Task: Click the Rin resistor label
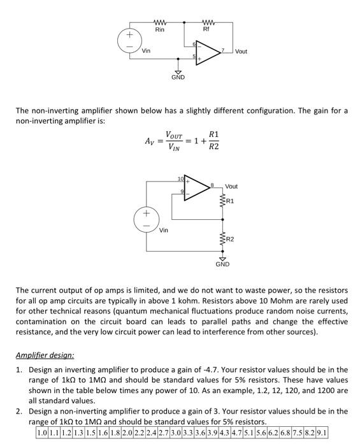pyautogui.click(x=160, y=29)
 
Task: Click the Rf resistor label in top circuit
pyautogui.click(x=206, y=29)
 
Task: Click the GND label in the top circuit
pyautogui.click(x=178, y=77)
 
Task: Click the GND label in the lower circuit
pyautogui.click(x=222, y=263)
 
